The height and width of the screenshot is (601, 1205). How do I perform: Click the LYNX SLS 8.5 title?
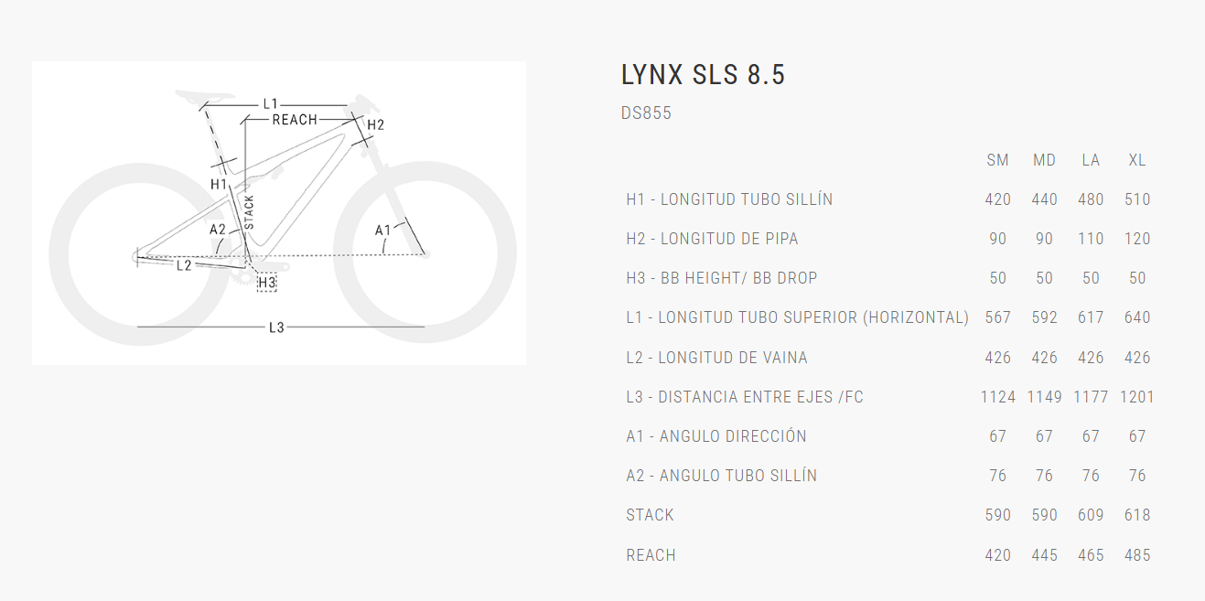pyautogui.click(x=703, y=75)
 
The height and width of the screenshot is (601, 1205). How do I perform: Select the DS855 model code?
pyautogui.click(x=646, y=113)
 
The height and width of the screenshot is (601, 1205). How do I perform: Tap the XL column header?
pyautogui.click(x=1137, y=160)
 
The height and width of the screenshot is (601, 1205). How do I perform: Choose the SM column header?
pyautogui.click(x=997, y=160)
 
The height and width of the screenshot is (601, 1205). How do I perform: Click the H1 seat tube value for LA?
pyautogui.click(x=1091, y=199)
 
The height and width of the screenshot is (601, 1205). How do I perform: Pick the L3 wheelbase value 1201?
pyautogui.click(x=1137, y=397)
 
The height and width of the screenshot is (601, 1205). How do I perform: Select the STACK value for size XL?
pyautogui.click(x=1137, y=515)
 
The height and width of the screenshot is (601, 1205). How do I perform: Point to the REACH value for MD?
pyautogui.click(x=1044, y=555)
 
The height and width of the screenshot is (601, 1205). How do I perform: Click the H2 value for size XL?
pyautogui.click(x=1137, y=239)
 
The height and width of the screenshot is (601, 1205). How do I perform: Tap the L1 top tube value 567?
pyautogui.click(x=997, y=317)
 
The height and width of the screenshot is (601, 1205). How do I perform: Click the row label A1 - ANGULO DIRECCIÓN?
pyautogui.click(x=716, y=436)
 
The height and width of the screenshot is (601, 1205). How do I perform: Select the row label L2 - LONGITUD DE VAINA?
pyautogui.click(x=716, y=358)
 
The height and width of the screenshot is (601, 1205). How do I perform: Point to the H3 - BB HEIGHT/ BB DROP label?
pyautogui.click(x=721, y=278)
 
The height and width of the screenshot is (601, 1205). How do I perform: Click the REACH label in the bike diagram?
pyautogui.click(x=295, y=120)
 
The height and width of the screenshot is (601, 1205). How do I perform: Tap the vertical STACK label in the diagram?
pyautogui.click(x=249, y=212)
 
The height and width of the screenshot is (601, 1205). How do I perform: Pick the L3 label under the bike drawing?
pyautogui.click(x=276, y=327)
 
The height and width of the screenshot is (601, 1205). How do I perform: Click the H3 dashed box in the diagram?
pyautogui.click(x=266, y=284)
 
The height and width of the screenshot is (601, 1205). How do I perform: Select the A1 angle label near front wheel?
pyautogui.click(x=382, y=230)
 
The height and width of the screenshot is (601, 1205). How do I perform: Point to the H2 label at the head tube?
pyautogui.click(x=375, y=124)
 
